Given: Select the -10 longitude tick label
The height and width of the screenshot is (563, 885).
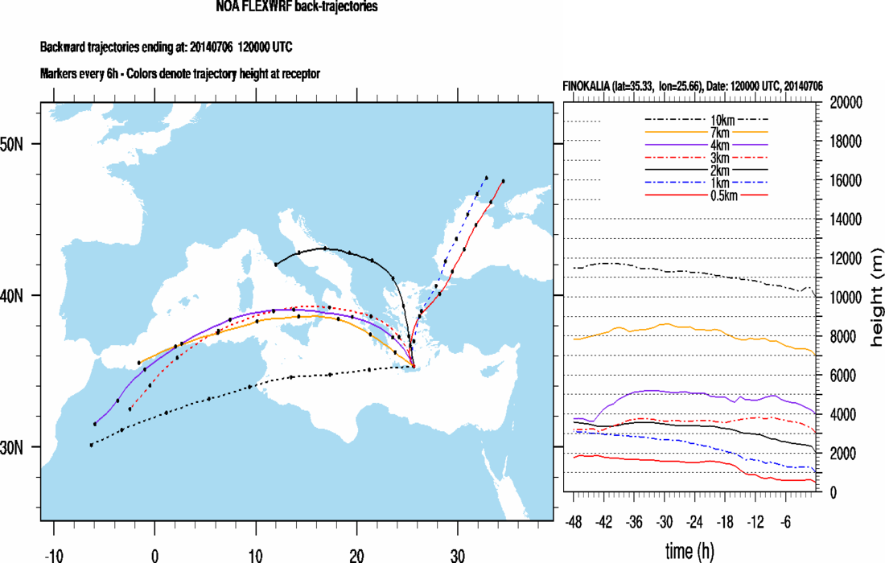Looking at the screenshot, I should [x=53, y=554].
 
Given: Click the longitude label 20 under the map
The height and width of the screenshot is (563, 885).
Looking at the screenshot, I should [x=356, y=554].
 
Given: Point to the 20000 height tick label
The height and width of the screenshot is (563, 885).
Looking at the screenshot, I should [x=846, y=103].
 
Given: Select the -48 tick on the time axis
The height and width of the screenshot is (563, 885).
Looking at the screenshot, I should [x=574, y=520].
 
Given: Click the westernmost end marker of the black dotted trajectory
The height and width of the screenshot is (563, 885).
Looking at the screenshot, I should [x=91, y=445].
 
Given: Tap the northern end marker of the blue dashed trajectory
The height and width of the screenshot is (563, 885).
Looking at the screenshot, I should [x=487, y=178].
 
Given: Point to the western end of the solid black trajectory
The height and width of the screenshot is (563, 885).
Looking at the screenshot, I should [x=276, y=264].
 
